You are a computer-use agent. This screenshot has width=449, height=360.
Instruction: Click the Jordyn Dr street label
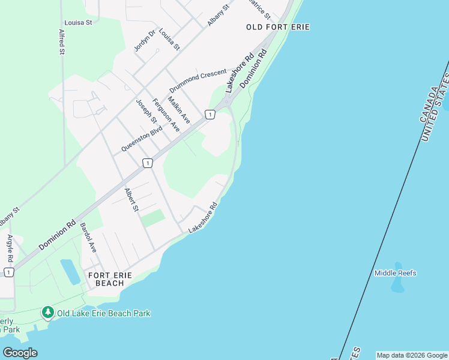click(145, 40)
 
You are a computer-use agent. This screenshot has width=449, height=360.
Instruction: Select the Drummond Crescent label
click(198, 80)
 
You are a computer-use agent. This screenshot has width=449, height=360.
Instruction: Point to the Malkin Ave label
click(179, 110)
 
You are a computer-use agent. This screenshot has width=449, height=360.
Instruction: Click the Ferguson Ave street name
click(166, 115)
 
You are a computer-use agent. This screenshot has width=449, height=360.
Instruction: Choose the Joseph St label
click(146, 112)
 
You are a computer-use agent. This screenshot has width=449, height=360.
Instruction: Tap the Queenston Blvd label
click(142, 139)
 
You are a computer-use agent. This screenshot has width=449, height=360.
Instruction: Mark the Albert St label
click(131, 200)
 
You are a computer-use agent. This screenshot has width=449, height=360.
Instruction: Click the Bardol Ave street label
click(88, 238)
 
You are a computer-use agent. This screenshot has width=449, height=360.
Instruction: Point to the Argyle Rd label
click(10, 248)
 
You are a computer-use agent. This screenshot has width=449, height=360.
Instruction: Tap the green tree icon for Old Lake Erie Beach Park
click(47, 313)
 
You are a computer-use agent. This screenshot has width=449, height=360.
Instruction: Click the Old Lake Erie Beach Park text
click(104, 313)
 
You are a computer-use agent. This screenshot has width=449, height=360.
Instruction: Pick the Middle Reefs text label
click(395, 273)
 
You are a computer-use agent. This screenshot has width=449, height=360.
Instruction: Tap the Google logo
click(20, 352)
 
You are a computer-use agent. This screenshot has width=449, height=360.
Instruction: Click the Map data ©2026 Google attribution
click(412, 355)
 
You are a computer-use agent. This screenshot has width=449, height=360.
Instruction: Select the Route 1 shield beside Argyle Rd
click(8, 272)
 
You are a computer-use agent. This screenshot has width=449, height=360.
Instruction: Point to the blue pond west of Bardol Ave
click(70, 271)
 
